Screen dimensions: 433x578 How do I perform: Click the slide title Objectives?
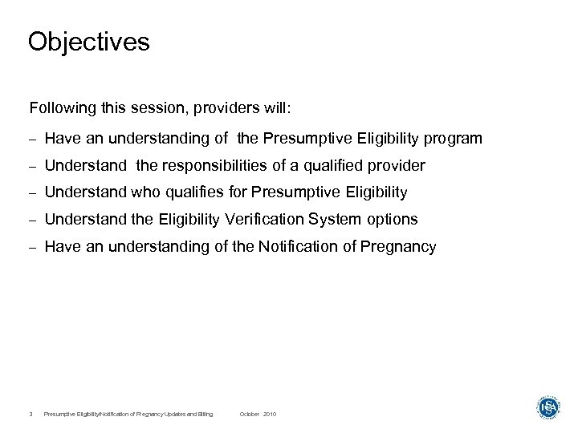(88, 42)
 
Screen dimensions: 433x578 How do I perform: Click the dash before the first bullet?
(33, 140)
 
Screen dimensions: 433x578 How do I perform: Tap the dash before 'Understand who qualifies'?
(33, 193)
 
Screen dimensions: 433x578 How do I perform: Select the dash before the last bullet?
(33, 247)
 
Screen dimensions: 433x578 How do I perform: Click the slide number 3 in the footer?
(29, 414)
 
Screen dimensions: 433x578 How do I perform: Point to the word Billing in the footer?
(206, 414)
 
